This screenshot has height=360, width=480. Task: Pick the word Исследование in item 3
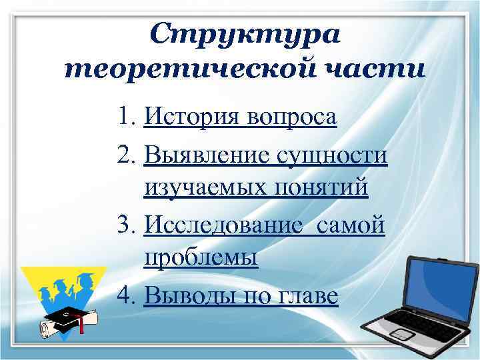click(217, 225)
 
